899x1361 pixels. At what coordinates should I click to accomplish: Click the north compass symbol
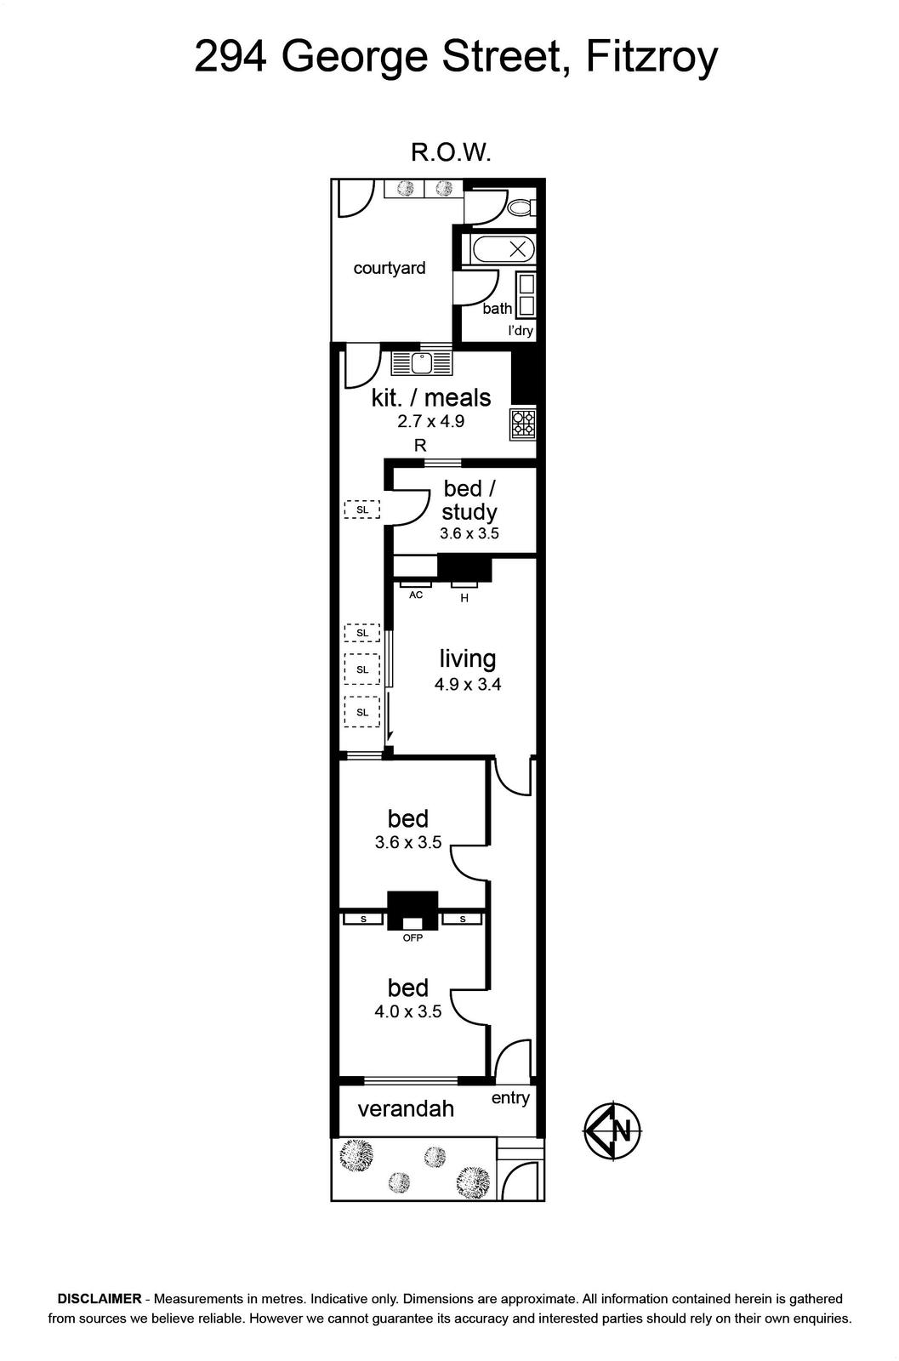[x=612, y=1131]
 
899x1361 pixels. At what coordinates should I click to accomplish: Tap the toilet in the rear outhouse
[x=521, y=208]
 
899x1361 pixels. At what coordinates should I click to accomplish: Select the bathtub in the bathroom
[x=504, y=249]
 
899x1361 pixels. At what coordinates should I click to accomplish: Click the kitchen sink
[x=422, y=363]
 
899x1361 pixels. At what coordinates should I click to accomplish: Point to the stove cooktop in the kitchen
[x=523, y=424]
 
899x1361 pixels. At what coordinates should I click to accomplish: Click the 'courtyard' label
[x=390, y=268]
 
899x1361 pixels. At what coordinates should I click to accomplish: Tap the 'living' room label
[x=467, y=658]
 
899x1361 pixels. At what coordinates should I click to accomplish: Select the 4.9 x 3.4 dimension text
[x=468, y=685]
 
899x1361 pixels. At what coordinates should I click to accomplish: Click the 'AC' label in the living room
[x=416, y=595]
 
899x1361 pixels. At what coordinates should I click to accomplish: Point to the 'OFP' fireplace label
[x=413, y=937]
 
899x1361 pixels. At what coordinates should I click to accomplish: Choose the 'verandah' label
[x=406, y=1109]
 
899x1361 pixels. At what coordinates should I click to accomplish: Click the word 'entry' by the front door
[x=510, y=1098]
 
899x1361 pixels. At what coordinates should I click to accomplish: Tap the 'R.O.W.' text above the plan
[x=451, y=152]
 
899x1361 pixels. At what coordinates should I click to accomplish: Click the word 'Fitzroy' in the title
[x=651, y=58]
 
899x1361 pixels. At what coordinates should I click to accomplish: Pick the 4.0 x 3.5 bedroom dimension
[x=407, y=1011]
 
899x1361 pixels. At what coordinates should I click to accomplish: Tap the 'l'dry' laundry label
[x=521, y=331]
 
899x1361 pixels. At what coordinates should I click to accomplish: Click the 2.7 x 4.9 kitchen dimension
[x=430, y=421]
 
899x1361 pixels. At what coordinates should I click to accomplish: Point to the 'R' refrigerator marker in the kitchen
[x=420, y=446]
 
